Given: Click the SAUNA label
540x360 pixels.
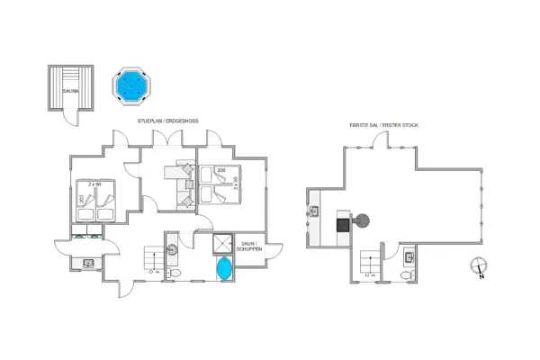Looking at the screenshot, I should [x=69, y=90].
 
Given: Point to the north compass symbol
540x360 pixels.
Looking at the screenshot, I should [x=480, y=267].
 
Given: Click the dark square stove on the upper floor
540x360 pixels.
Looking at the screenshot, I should [x=342, y=223].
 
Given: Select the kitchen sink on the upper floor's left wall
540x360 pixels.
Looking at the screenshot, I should [x=314, y=213].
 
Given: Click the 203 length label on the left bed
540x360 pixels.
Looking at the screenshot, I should [x=81, y=201].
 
